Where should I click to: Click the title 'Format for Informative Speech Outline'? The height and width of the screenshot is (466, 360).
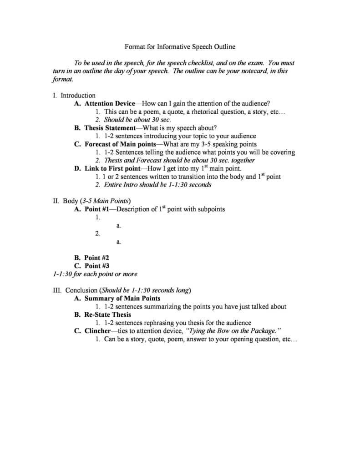pyautogui.click(x=180, y=46)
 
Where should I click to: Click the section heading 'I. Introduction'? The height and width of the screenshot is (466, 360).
pyautogui.click(x=74, y=96)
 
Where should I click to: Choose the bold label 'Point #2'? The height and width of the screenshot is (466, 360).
pyautogui.click(x=97, y=258)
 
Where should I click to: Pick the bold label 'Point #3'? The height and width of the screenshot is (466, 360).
pyautogui.click(x=97, y=266)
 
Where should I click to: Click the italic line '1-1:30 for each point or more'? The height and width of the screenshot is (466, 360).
pyautogui.click(x=95, y=274)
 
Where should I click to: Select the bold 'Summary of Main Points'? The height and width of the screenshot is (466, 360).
pyautogui.click(x=122, y=299)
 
